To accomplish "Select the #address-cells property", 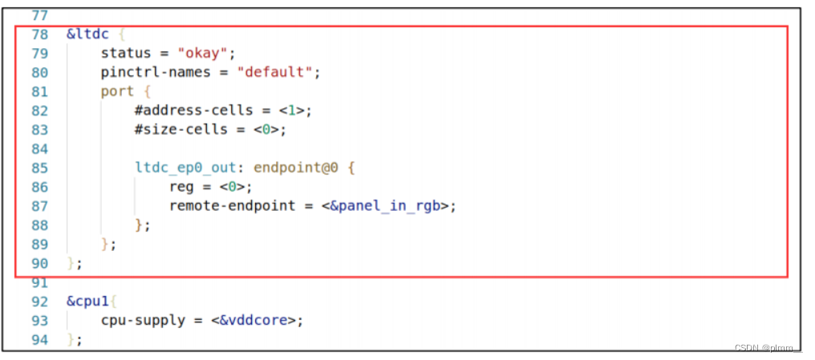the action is click(193, 110).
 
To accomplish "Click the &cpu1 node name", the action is click(87, 302).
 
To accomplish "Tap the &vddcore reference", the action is click(256, 321).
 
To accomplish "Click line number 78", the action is click(39, 34).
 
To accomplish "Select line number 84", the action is click(39, 148).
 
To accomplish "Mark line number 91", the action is click(39, 283).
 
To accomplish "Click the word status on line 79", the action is click(125, 53).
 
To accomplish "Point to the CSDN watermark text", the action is click(768, 347).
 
